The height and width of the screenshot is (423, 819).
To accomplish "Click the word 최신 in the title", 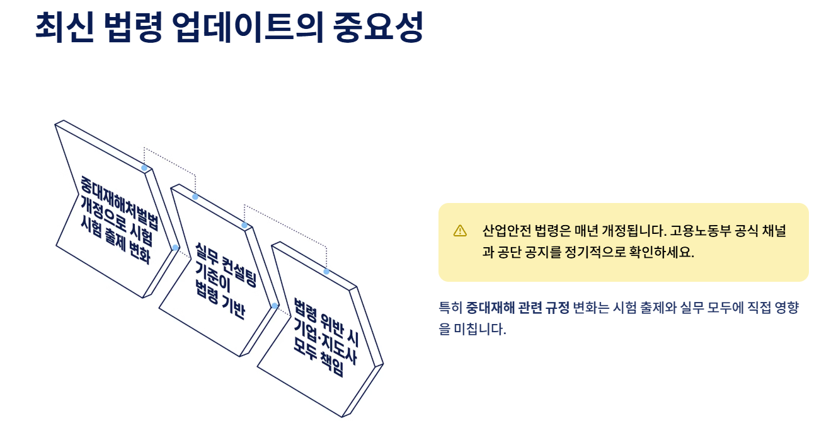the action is click(x=65, y=27).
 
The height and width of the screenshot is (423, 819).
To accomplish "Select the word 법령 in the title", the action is click(x=133, y=27).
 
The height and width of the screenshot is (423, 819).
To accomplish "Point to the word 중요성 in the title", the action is click(x=378, y=27).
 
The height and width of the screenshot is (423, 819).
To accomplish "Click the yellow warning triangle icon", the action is click(x=460, y=231).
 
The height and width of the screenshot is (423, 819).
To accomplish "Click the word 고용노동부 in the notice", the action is click(x=700, y=231).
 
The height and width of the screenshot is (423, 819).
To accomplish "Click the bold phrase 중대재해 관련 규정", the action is click(x=518, y=308).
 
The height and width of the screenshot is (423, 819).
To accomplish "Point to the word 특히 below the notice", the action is click(x=450, y=308).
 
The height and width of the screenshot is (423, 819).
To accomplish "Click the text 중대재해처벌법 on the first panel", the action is click(x=120, y=203).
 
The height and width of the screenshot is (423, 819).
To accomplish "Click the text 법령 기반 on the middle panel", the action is click(x=219, y=300).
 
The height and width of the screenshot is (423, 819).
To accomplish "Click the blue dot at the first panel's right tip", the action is click(x=176, y=248).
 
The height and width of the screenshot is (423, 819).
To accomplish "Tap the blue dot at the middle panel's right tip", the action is click(x=275, y=306).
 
